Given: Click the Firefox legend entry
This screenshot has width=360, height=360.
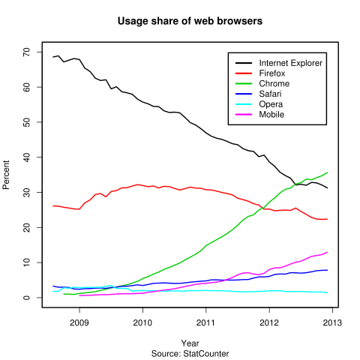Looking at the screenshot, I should click(272, 73).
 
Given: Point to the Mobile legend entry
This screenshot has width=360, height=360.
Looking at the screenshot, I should click(271, 116).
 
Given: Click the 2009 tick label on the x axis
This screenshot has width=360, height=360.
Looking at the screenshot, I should click(79, 322).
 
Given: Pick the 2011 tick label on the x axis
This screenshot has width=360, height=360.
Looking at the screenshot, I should click(205, 322).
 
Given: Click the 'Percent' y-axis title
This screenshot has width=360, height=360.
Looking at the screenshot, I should click(7, 175).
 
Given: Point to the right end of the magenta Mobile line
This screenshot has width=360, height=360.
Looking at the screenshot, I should click(328, 252).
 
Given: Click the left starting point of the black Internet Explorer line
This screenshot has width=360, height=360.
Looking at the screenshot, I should click(53, 57).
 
